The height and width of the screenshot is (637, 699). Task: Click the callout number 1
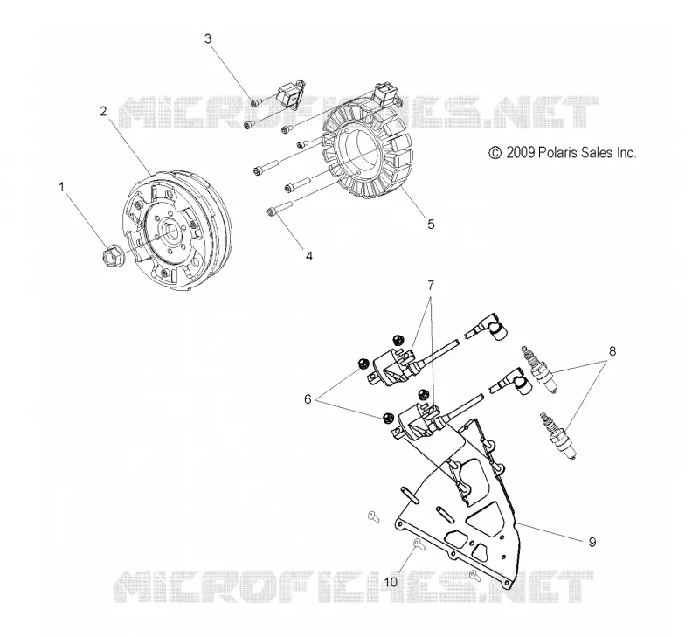pos(62,187)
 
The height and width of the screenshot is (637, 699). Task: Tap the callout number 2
pos(103,111)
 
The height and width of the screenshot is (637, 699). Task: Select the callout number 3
pos(208,38)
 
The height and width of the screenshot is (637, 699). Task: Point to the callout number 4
pos(309,256)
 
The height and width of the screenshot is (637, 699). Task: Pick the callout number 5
pos(431,224)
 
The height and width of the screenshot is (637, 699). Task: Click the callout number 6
pos(308,399)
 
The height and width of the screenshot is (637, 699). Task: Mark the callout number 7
pos(431,284)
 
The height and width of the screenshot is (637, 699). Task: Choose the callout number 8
pos(612,350)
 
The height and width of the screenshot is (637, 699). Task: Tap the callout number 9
pos(592,542)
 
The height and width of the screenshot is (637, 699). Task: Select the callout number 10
pos(391,582)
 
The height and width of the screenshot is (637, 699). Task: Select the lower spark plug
pos(557,435)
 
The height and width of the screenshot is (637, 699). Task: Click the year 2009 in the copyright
pos(520,152)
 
